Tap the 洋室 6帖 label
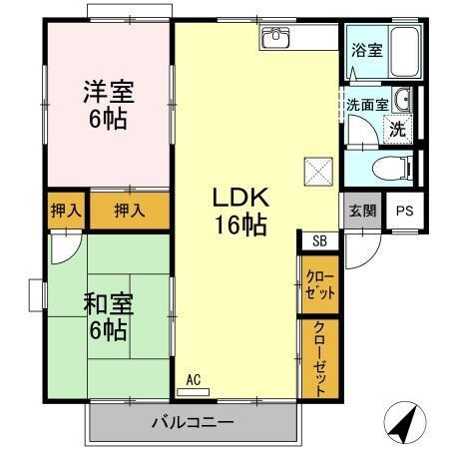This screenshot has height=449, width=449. click(107, 106)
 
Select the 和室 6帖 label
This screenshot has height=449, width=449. click(107, 314)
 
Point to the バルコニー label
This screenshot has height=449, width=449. click(193, 420)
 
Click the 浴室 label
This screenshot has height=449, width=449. click(365, 51)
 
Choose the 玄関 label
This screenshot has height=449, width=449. click(362, 211)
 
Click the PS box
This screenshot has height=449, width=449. click(403, 211)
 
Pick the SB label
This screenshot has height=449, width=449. click(318, 240)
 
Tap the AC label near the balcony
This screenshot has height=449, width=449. click(195, 379)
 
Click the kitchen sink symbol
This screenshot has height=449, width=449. click(275, 38)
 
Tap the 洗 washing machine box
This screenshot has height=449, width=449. click(397, 128)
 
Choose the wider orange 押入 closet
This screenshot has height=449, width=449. click(128, 211)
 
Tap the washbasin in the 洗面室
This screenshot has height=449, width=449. click(401, 100)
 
